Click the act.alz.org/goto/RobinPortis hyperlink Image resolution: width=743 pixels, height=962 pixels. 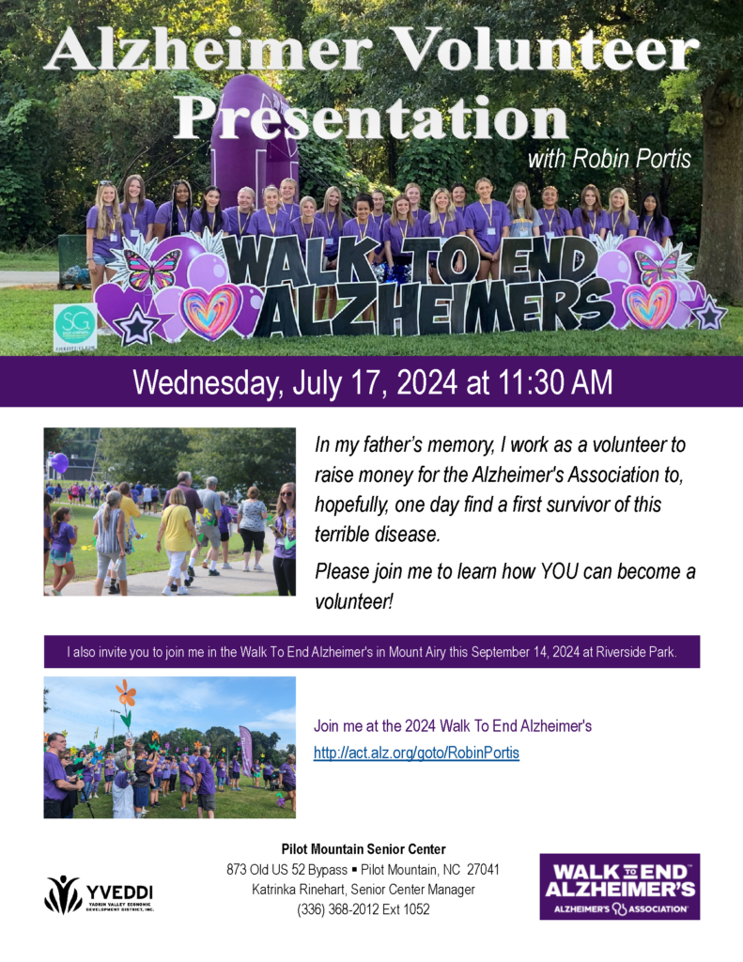[x=416, y=753]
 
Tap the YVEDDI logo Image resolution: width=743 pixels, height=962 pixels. [x=99, y=894]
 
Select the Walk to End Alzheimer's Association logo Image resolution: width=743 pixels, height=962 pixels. [x=620, y=887]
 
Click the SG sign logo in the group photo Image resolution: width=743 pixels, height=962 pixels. [x=75, y=327]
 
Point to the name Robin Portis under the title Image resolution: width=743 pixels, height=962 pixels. [x=631, y=159]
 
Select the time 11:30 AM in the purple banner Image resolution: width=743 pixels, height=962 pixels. [x=554, y=381]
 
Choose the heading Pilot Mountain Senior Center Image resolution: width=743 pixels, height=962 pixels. [x=364, y=849]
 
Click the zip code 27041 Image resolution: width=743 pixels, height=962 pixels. [x=483, y=869]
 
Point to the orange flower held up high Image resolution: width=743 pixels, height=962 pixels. [x=126, y=692]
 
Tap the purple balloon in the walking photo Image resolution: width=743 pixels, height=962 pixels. [x=59, y=463]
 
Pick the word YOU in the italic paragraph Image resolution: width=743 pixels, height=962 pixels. [x=559, y=571]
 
